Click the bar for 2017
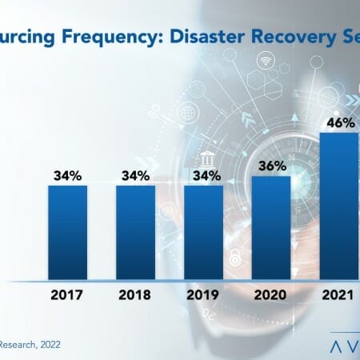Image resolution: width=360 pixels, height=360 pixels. (67, 231)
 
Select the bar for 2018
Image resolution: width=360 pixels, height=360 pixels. (135, 231)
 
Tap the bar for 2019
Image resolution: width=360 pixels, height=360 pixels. (204, 231)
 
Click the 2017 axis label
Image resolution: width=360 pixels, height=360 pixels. (67, 294)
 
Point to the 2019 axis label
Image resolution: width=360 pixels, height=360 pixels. (204, 294)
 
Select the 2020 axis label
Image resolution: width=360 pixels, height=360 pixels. (271, 294)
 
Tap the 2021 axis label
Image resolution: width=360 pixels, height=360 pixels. (338, 294)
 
